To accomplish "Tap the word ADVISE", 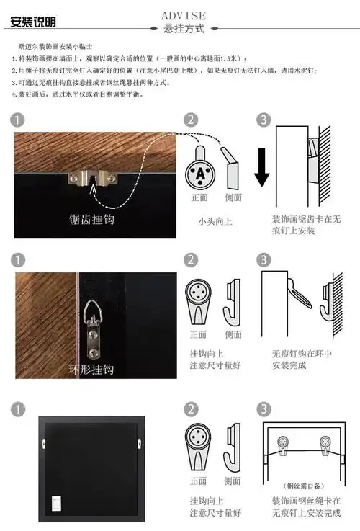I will coord(184,15).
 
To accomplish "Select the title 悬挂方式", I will coord(184,29).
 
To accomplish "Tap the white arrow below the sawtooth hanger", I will coord(93,192).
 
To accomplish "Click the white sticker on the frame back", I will coord(55,498).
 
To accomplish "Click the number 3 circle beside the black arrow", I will coord(264,120).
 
